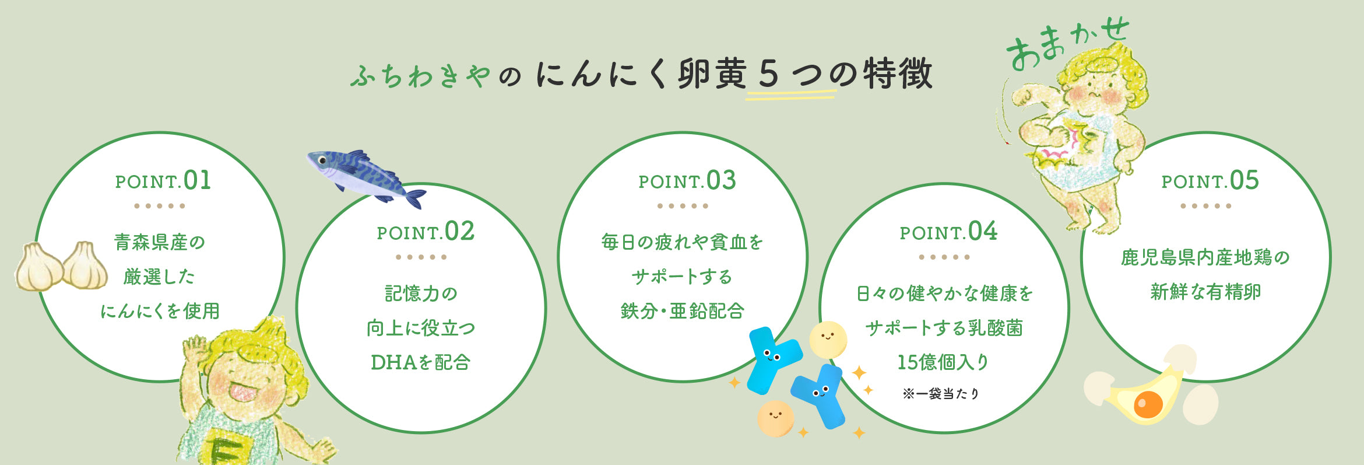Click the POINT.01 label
163,181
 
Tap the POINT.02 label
426,232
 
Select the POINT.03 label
687,181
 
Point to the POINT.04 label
948,232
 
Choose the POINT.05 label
1210,181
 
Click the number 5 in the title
769,75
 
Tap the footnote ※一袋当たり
941,394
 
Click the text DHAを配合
420,362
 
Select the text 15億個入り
943,362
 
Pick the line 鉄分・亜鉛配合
683,311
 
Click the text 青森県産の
160,242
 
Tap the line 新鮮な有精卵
1205,292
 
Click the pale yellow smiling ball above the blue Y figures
828,340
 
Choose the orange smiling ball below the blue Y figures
776,418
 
